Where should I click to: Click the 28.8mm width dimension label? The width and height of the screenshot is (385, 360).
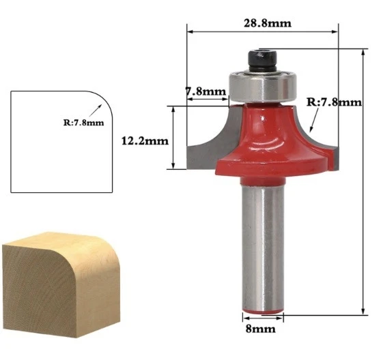(x=267, y=22)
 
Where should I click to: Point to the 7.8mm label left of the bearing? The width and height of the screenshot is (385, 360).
(x=205, y=91)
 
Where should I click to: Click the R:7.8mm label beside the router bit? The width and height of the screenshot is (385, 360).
(x=334, y=102)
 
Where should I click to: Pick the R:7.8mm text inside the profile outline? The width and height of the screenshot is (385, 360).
(x=79, y=123)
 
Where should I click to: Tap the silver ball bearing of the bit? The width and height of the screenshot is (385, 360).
(x=262, y=85)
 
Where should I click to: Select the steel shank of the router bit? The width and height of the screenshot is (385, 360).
(x=262, y=245)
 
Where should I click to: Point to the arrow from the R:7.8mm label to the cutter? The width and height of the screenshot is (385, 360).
(x=313, y=121)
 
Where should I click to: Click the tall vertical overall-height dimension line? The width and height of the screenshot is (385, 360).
(x=363, y=184)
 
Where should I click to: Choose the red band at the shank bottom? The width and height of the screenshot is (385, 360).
(x=263, y=310)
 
